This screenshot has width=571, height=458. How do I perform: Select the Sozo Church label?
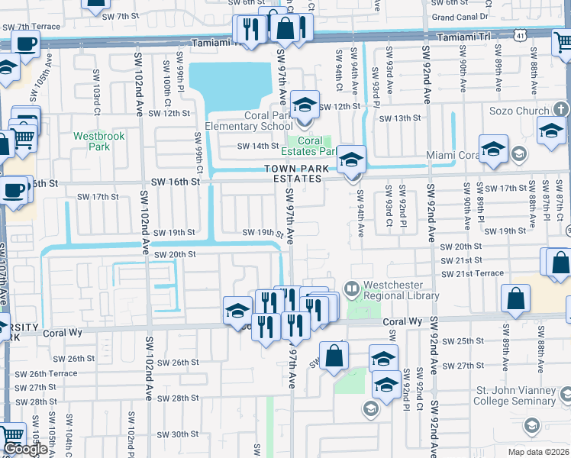521,111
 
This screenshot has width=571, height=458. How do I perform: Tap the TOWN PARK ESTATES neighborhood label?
292,173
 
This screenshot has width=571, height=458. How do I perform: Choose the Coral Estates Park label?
313,146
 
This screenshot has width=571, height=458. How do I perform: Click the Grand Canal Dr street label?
460,16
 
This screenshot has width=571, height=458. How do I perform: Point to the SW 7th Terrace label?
31,27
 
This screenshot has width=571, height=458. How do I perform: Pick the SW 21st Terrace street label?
473,273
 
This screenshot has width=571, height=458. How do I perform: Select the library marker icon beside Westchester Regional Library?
352,289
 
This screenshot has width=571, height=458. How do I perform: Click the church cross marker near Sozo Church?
561,110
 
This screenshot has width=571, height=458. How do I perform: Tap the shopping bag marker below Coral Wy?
334,356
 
